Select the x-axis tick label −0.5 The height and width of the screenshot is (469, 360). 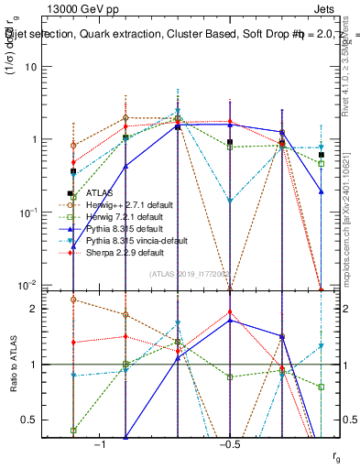click(228, 444)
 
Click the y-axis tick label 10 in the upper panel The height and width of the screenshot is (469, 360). click(30, 68)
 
